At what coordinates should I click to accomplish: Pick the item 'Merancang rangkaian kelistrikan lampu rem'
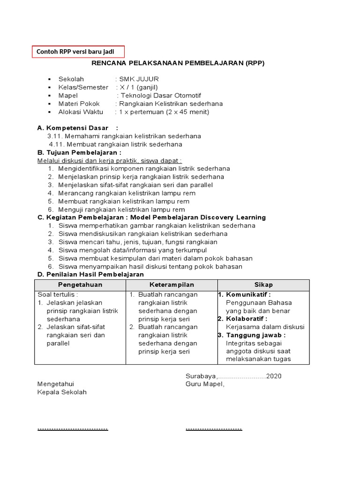click(127, 193)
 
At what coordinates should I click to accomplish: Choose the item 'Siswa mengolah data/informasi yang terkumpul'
click(132, 250)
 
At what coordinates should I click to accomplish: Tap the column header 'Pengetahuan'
click(80, 285)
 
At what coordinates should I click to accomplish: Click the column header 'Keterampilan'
click(172, 285)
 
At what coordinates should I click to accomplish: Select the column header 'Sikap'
click(263, 285)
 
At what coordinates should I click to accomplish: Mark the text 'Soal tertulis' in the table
click(57, 294)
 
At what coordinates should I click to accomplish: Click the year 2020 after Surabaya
click(274, 376)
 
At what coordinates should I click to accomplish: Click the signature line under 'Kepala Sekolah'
click(73, 428)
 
